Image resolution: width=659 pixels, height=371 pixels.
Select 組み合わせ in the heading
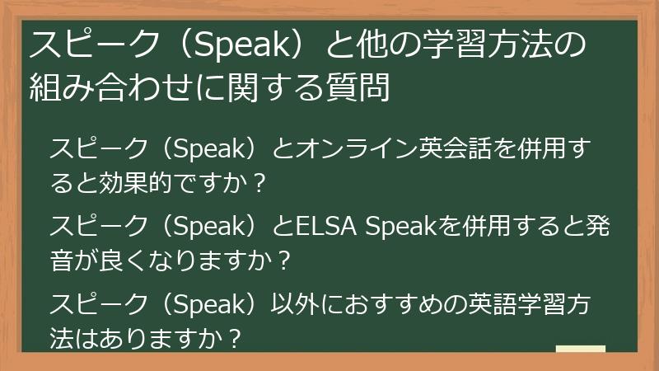tap(110, 85)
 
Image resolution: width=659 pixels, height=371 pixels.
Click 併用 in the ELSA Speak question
tap(489, 224)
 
